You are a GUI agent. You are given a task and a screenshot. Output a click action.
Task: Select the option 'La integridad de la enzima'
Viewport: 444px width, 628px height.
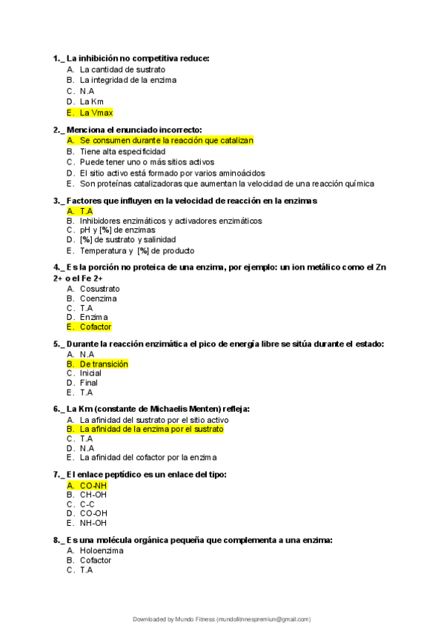coord(127,80)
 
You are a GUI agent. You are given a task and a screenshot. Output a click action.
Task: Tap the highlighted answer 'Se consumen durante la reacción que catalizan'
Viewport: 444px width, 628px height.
coord(166,140)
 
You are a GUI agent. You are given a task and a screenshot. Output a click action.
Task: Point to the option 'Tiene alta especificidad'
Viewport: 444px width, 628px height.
coord(122,151)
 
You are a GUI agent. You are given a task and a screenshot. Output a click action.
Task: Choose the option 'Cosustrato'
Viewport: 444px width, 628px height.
coord(99,289)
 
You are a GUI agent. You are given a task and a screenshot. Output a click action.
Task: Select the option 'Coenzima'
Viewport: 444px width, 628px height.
coord(98,298)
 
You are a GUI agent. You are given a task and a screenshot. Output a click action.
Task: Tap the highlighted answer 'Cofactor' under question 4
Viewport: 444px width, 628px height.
coord(96,327)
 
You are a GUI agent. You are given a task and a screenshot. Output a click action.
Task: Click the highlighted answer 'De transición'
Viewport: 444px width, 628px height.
coord(104,364)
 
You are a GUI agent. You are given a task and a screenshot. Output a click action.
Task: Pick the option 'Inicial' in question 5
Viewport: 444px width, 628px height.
coord(90,373)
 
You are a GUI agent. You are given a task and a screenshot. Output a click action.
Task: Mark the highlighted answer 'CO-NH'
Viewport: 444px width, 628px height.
coord(93,485)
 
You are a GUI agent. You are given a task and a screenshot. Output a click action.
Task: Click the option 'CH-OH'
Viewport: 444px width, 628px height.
coord(93,494)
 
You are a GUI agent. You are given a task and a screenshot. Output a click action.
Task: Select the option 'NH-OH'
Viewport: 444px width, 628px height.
coord(93,523)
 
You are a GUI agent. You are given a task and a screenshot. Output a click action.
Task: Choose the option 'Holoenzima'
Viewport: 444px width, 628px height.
coord(102,551)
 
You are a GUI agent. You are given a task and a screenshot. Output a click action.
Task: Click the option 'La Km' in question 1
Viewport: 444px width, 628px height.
coord(92,101)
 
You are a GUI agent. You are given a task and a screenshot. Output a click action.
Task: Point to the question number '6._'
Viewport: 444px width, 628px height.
coord(59,408)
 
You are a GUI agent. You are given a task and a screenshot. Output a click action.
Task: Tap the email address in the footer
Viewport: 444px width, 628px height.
coord(262,619)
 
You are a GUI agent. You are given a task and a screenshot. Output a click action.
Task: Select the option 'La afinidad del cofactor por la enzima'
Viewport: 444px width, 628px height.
coord(148,458)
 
